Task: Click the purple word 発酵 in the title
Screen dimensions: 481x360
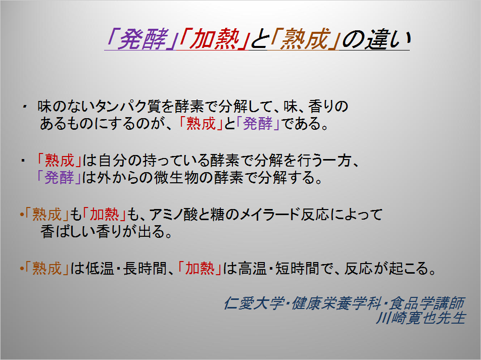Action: click(x=143, y=39)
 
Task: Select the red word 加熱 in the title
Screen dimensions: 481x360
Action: click(x=214, y=39)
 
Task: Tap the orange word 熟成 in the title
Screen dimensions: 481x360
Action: click(x=305, y=39)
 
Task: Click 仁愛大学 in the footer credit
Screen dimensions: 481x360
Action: click(x=254, y=303)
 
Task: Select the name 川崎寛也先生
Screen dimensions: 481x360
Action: click(x=421, y=318)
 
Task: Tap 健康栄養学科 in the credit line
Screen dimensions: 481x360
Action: click(x=336, y=303)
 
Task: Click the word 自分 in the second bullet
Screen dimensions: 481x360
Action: click(x=113, y=161)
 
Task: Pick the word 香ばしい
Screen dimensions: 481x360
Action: click(x=68, y=232)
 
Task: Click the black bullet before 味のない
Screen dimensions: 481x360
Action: click(x=24, y=107)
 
